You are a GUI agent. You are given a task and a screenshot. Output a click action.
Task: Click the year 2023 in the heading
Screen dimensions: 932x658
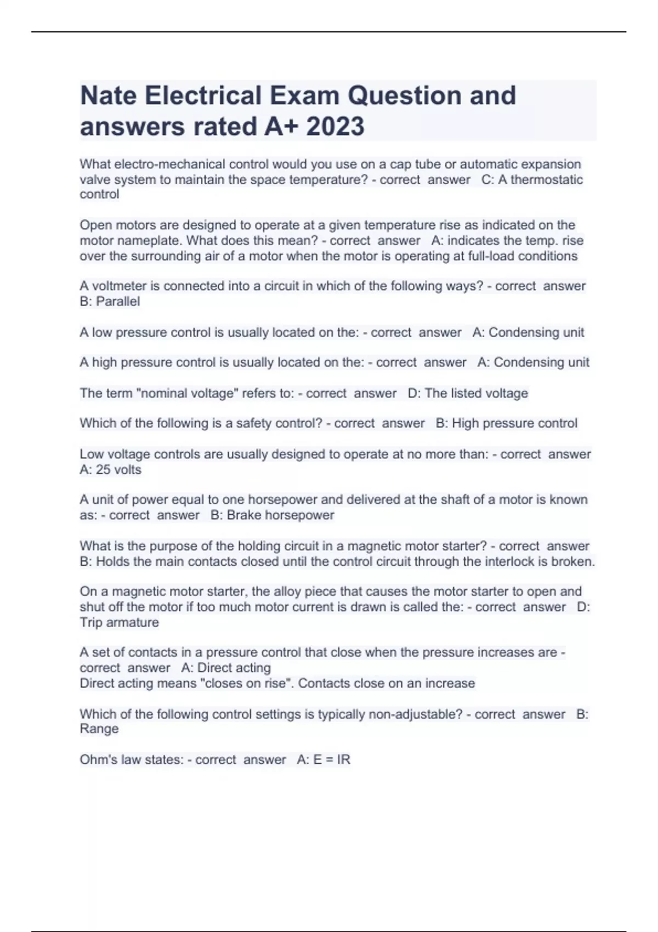click(x=335, y=126)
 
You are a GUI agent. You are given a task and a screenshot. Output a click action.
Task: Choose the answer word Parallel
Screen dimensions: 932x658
click(x=118, y=302)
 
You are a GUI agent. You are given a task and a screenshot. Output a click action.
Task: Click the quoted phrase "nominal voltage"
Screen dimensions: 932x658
click(x=187, y=394)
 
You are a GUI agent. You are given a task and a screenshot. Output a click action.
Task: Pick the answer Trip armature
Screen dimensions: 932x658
click(x=119, y=623)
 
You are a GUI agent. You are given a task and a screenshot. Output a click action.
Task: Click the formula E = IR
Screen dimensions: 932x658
click(x=331, y=760)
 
